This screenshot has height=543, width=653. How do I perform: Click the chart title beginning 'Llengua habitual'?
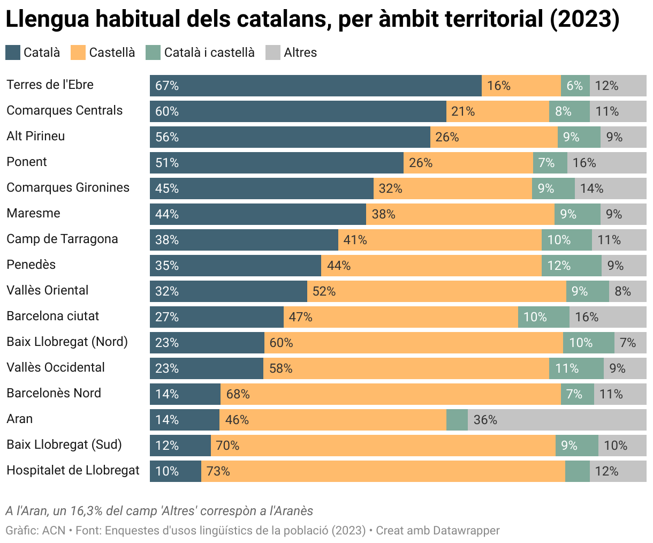click(x=312, y=19)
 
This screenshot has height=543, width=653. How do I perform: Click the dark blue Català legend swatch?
click(x=13, y=52)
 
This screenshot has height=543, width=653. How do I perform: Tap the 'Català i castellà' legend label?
click(x=209, y=52)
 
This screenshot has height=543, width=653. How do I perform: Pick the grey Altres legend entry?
click(x=300, y=52)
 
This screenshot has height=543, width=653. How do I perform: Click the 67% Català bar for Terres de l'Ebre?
click(x=315, y=86)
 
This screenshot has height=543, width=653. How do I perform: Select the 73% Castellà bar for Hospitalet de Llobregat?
click(x=383, y=471)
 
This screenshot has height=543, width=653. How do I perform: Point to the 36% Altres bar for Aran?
click(x=557, y=420)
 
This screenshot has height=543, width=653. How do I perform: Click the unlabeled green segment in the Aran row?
click(x=457, y=420)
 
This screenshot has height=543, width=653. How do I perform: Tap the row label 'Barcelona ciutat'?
click(x=52, y=316)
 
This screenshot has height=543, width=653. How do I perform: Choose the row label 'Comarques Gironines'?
click(x=68, y=187)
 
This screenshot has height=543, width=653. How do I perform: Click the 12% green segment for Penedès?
click(x=571, y=266)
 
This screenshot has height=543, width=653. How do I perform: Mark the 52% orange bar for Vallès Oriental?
click(x=436, y=291)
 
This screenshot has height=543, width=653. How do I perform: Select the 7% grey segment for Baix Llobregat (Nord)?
click(x=630, y=343)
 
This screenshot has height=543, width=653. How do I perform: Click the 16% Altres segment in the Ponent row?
click(x=606, y=163)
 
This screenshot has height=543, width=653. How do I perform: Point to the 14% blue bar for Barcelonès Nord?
click(x=185, y=394)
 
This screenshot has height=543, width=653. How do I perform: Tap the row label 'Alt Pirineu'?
click(x=35, y=136)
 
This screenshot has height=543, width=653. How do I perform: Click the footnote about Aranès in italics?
click(x=159, y=510)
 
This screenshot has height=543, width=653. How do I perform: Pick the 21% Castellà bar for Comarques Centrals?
click(x=497, y=111)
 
